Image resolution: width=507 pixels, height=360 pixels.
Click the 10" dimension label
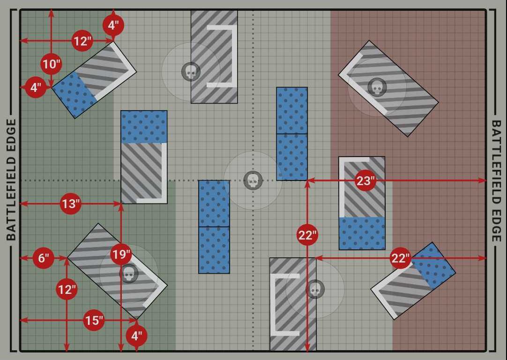click(x=52, y=64)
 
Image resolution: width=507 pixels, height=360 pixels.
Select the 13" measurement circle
click(x=70, y=204)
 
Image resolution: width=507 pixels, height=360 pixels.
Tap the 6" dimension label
click(x=43, y=258)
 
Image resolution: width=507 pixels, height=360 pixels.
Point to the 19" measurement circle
click(x=121, y=254)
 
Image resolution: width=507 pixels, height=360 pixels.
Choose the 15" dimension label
click(x=94, y=320)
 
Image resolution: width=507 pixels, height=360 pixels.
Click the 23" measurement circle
click(x=365, y=180)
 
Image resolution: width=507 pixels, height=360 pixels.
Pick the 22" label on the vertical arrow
click(x=307, y=235)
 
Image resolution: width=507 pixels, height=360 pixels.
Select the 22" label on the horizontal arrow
click(x=400, y=258)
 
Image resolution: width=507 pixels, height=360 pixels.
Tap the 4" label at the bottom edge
click(x=136, y=336)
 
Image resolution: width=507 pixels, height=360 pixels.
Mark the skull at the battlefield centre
click(x=253, y=180)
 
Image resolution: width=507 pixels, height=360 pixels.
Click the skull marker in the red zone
click(x=377, y=87)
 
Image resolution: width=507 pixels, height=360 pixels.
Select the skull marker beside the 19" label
click(x=129, y=274)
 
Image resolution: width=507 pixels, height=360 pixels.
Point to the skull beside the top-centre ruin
click(x=191, y=72)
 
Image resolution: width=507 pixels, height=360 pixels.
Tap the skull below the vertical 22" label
click(x=315, y=289)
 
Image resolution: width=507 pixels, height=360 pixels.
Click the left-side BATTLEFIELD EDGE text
click(x=11, y=180)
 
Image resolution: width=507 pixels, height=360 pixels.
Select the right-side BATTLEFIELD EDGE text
click(x=496, y=181)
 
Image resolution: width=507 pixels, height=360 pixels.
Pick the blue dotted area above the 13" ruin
click(x=144, y=127)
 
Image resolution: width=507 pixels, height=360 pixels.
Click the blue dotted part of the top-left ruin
click(x=75, y=94)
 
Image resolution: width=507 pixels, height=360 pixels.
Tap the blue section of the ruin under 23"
click(x=362, y=233)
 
